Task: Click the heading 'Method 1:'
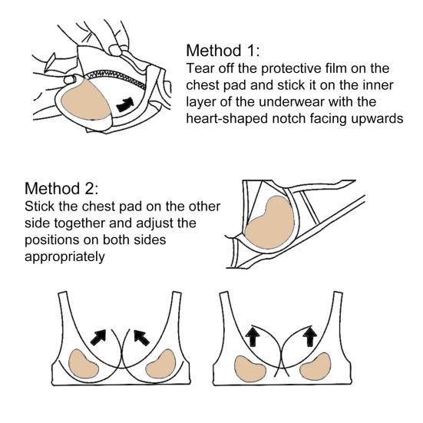tap(223, 51)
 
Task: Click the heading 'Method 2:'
tap(61, 188)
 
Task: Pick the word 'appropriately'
tap(64, 257)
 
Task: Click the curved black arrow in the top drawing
tap(125, 104)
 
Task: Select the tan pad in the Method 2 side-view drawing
tap(269, 223)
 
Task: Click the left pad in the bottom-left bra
tap(84, 365)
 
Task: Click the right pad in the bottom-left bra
tap(160, 364)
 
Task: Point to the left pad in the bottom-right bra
tap(250, 368)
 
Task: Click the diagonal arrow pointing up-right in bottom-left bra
tap(98, 337)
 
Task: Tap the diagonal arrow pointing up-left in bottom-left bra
tap(142, 338)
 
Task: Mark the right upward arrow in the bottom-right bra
tap(310, 335)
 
